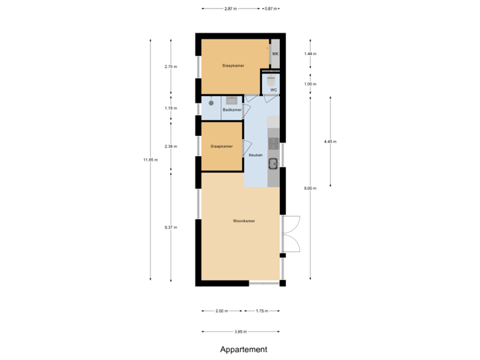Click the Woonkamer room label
[x=244, y=221]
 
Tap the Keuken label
[x=255, y=155]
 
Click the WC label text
[x=273, y=89]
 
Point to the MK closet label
[x=275, y=53]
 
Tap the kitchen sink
[x=273, y=161]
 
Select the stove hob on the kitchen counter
[x=273, y=142]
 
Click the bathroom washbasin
[x=231, y=101]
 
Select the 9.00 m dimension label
[x=310, y=189]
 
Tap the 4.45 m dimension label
[x=330, y=141]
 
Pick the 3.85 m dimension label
[x=241, y=331]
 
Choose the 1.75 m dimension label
[x=261, y=311]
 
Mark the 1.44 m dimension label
[x=310, y=53]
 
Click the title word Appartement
[x=243, y=349]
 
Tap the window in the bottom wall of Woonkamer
[x=264, y=283]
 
